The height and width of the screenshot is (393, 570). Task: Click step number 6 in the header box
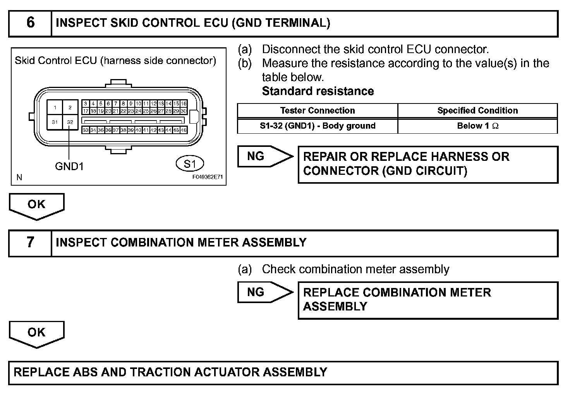(x=30, y=23)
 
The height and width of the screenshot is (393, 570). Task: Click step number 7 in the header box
(x=30, y=243)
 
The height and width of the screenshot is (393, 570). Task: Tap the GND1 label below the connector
(x=69, y=166)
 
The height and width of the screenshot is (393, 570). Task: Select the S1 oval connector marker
(x=189, y=164)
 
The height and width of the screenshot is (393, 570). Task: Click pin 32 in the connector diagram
(x=70, y=122)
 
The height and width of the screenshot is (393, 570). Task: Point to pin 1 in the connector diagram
(x=55, y=107)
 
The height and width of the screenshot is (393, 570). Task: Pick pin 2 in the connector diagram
(x=70, y=107)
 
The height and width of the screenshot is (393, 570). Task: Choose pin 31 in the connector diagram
(x=55, y=122)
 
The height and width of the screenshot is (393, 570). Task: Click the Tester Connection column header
(x=317, y=110)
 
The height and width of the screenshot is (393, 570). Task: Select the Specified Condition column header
(x=477, y=110)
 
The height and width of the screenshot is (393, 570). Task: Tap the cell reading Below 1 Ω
(x=477, y=126)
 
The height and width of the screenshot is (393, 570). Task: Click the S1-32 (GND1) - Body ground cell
(x=317, y=126)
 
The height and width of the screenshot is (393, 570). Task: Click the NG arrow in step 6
(x=263, y=156)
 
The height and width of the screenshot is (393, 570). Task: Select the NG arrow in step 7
(x=263, y=292)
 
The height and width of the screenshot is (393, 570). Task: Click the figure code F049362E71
(x=208, y=177)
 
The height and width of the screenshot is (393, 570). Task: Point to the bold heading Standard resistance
(x=318, y=91)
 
